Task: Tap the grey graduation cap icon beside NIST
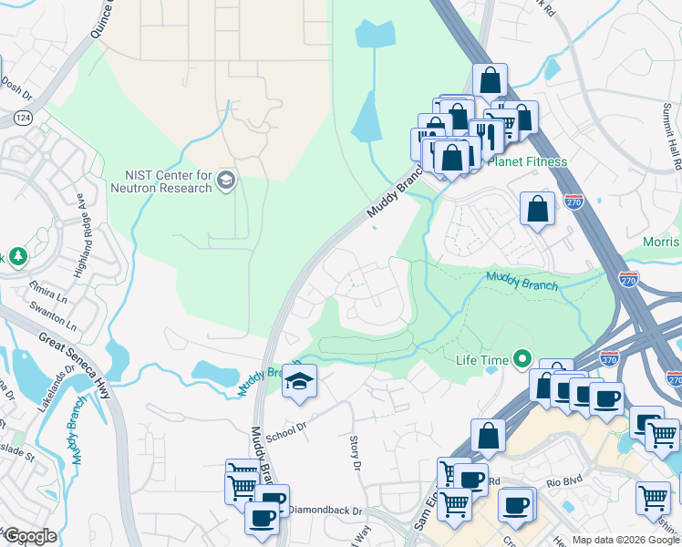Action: tap(226, 183)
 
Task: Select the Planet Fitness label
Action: tap(527, 162)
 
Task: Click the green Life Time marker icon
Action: tap(522, 360)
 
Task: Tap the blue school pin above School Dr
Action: tap(298, 382)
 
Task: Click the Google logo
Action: tap(29, 536)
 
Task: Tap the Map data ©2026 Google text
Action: tap(625, 540)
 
